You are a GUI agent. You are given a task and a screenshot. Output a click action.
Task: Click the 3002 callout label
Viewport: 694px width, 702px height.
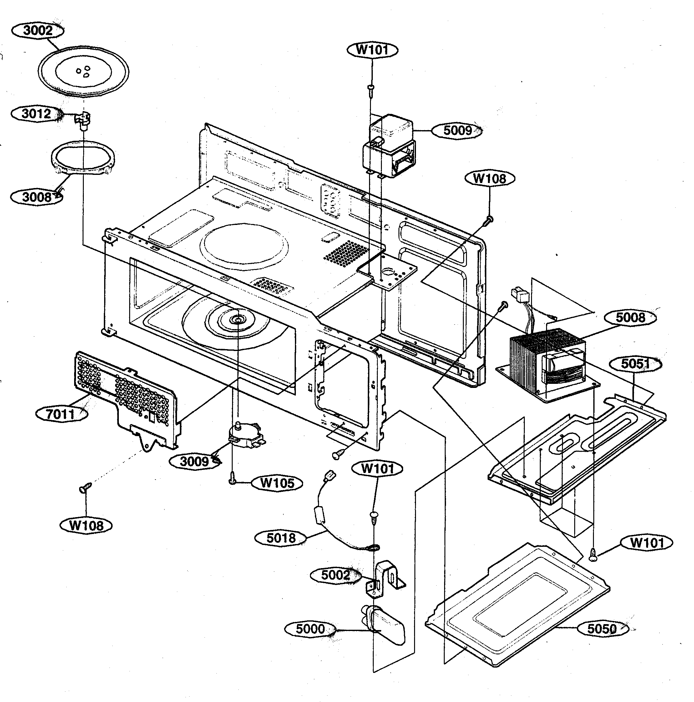(38, 31)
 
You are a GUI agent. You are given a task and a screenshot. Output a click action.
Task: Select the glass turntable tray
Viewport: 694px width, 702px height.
(84, 71)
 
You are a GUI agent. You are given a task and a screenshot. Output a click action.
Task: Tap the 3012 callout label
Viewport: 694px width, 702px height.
(36, 114)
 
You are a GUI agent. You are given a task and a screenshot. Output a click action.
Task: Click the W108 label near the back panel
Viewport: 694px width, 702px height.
(489, 178)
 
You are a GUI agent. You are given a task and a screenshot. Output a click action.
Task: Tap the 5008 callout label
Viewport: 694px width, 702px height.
(631, 318)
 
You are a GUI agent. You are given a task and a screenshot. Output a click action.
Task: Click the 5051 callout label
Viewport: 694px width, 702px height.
(635, 364)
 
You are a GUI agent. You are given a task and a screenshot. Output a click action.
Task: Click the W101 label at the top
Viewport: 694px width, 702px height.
(372, 50)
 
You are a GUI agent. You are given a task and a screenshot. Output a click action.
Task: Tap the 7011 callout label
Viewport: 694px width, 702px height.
(61, 414)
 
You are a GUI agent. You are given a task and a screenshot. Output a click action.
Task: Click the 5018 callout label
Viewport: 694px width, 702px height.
(281, 538)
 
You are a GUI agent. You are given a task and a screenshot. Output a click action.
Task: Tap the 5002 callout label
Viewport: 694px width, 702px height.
(335, 575)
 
